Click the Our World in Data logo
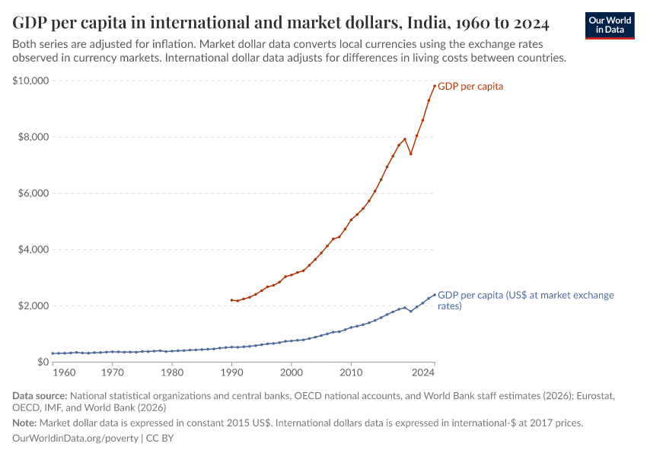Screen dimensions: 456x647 point(609,25)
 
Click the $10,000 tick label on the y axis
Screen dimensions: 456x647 point(31,81)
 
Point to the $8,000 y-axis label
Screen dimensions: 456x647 point(33,137)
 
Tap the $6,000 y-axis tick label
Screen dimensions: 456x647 point(33,193)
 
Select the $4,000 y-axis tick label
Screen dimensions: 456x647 point(33,249)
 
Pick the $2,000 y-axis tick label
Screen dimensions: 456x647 point(33,306)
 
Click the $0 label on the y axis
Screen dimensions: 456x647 point(43,362)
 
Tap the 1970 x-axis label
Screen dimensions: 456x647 point(112,373)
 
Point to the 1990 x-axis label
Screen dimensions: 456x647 point(231,373)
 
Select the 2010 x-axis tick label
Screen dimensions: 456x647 point(351,373)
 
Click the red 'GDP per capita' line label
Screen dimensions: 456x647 point(470,87)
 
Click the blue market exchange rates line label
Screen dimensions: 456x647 point(525,300)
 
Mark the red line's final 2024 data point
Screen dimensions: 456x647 point(435,86)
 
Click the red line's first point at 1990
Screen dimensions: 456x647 point(231,299)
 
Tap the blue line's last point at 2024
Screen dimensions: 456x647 point(435,295)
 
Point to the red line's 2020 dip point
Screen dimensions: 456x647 point(411,154)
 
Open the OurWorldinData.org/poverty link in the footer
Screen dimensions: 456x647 point(75,439)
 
